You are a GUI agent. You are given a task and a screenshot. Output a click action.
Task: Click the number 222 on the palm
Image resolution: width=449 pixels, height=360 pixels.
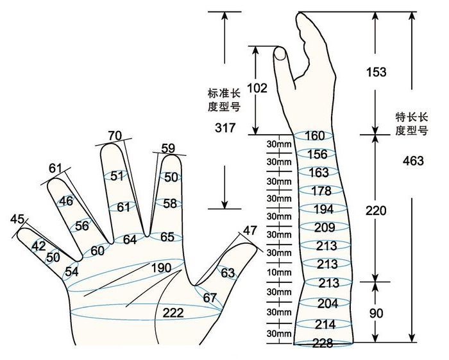[173, 313]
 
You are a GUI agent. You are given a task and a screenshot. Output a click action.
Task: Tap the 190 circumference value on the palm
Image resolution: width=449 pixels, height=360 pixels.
[161, 268]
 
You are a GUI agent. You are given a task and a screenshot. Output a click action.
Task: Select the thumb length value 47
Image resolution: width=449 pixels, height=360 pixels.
[250, 230]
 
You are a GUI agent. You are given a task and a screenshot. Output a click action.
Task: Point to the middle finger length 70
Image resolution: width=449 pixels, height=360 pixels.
[115, 136]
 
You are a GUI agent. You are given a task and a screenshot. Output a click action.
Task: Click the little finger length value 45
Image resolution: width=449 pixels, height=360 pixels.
[17, 219]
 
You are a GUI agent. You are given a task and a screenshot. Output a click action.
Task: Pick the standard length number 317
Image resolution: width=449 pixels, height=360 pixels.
[225, 128]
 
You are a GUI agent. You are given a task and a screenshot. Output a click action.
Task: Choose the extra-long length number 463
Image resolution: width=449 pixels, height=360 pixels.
[413, 161]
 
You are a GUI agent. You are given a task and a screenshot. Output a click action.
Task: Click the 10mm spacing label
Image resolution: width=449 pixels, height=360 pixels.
[279, 272]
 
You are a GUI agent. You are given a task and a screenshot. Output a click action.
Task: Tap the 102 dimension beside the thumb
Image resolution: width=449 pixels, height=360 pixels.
[257, 88]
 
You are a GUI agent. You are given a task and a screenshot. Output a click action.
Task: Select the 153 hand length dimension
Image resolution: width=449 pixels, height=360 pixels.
[377, 72]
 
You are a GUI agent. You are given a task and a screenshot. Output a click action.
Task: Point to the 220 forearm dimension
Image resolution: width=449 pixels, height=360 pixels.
[376, 210]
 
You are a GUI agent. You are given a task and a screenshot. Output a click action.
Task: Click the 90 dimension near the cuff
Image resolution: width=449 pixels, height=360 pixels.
[376, 314]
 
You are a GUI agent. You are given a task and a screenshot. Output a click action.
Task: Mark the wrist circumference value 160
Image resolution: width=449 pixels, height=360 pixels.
[315, 136]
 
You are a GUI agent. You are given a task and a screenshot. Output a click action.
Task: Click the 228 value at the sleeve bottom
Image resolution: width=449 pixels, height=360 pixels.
[323, 343]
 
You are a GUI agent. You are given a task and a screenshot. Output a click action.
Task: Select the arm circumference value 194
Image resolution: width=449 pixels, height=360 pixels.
[323, 209]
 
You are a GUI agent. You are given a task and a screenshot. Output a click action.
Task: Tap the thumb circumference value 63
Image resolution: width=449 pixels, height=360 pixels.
[228, 273]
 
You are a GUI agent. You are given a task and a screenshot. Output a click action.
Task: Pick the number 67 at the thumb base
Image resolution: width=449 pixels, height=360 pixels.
[210, 298]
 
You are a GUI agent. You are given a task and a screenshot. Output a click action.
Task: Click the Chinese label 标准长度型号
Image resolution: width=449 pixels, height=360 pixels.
[224, 100]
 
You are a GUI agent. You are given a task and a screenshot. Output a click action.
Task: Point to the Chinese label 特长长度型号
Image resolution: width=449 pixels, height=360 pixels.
[412, 124]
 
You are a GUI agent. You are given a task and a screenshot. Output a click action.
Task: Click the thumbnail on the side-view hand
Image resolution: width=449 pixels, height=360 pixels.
[280, 53]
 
